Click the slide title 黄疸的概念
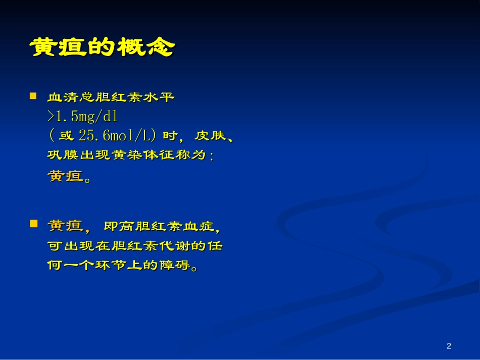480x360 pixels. click(x=103, y=48)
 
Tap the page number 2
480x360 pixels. click(x=449, y=346)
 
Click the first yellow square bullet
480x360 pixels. click(x=33, y=95)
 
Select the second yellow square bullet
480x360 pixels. click(x=33, y=223)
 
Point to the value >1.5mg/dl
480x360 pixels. click(x=82, y=117)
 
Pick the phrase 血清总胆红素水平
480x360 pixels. click(x=111, y=97)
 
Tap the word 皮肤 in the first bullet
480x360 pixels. click(x=208, y=136)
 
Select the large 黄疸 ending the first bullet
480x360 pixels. click(x=65, y=177)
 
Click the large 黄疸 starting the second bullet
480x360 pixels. click(x=65, y=226)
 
